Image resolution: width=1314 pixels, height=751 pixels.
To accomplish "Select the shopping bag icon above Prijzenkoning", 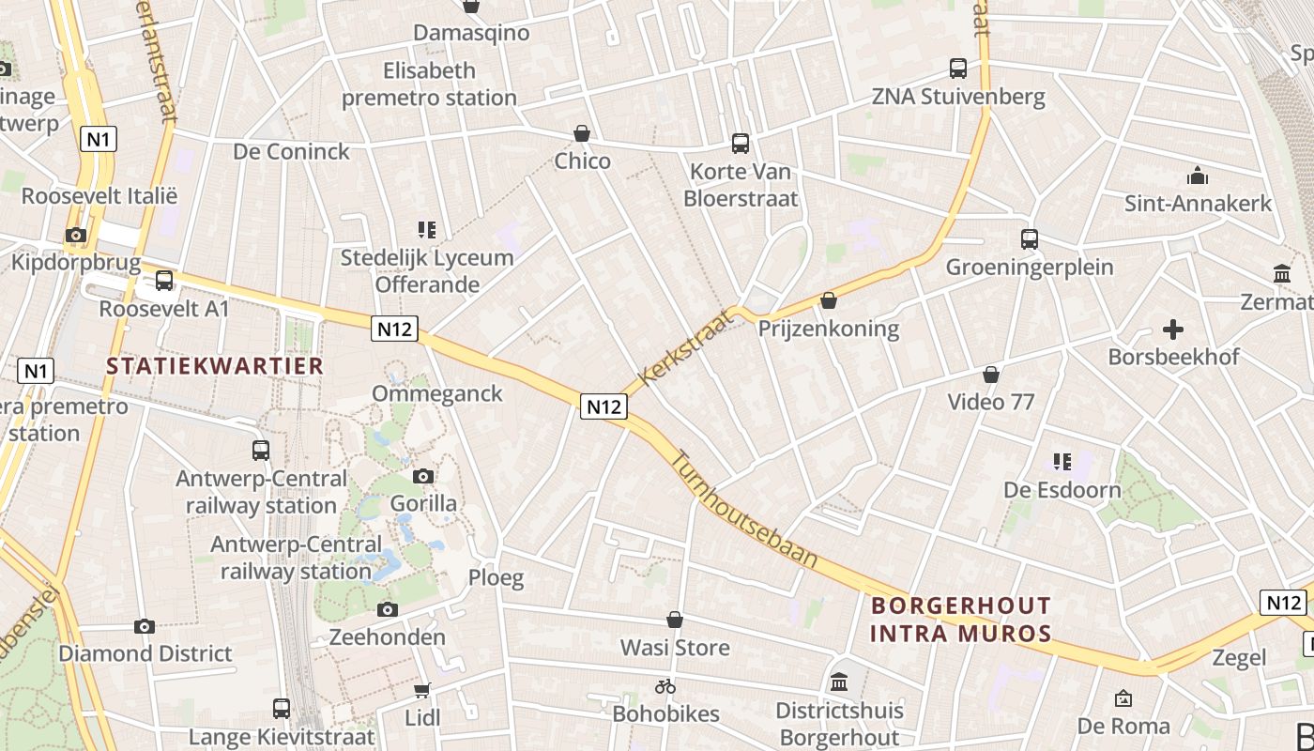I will pyautogui.click(x=828, y=300).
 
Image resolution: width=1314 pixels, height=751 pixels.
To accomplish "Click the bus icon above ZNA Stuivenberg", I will pyautogui.click(x=957, y=69).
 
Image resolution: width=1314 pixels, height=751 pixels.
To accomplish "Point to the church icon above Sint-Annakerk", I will pyautogui.click(x=1197, y=176).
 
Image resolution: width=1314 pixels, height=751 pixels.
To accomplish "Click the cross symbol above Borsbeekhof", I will pyautogui.click(x=1172, y=330).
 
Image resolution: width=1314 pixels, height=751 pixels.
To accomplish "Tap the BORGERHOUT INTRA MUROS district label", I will pyautogui.click(x=960, y=619).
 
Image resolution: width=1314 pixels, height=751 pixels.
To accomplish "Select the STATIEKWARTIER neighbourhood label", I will pyautogui.click(x=215, y=366).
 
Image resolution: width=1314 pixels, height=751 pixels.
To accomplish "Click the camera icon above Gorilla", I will pyautogui.click(x=422, y=476).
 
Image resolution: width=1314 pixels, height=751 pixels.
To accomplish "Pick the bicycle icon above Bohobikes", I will pyautogui.click(x=665, y=686).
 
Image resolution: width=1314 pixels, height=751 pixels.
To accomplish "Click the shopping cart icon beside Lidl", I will pyautogui.click(x=422, y=690).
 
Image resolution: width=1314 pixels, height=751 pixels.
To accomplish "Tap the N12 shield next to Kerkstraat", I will pyautogui.click(x=603, y=406).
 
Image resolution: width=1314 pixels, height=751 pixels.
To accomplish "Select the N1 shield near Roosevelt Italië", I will pyautogui.click(x=99, y=140).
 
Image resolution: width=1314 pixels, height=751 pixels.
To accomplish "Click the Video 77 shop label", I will pyautogui.click(x=990, y=402).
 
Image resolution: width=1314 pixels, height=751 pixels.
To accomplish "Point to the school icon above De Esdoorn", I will pyautogui.click(x=1062, y=461).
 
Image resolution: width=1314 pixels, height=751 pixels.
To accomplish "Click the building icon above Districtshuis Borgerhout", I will pyautogui.click(x=839, y=682).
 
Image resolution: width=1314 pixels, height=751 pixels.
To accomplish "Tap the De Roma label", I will pyautogui.click(x=1123, y=726).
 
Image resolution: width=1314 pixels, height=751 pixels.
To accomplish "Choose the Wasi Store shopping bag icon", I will pyautogui.click(x=674, y=620).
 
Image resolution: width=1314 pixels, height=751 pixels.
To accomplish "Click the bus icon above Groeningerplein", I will pyautogui.click(x=1029, y=239).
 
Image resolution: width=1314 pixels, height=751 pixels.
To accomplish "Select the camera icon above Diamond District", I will pyautogui.click(x=144, y=626).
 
